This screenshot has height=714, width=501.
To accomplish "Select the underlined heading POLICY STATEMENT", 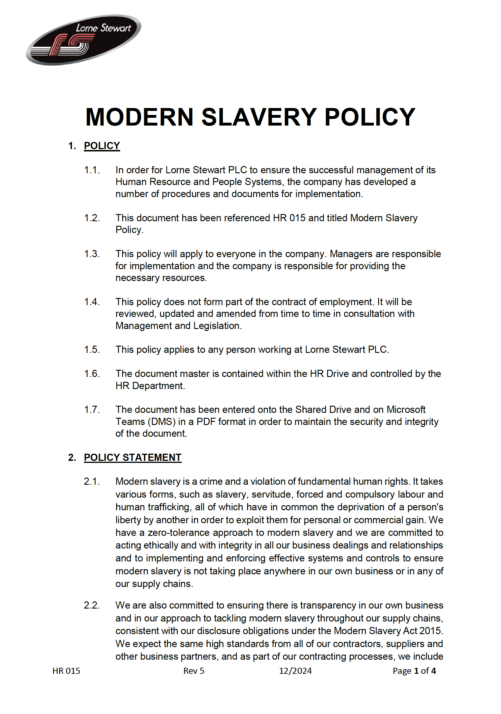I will click(132, 457).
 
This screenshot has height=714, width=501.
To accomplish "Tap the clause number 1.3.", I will click(92, 254).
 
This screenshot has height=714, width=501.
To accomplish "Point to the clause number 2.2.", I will click(92, 605).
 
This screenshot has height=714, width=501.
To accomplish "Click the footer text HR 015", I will click(66, 671).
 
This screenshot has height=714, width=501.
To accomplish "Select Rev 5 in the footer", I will click(194, 671).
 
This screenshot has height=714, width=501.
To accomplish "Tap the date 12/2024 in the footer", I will click(295, 671).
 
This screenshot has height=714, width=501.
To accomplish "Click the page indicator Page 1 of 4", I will click(414, 671).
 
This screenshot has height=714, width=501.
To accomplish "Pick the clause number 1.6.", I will click(92, 374).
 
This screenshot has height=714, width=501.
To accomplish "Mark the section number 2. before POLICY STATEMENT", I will click(72, 457).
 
